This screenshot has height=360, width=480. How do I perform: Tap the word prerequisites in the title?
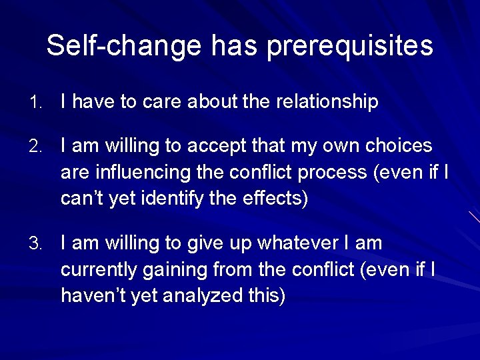(x=350, y=47)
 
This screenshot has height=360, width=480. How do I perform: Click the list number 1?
(x=35, y=103)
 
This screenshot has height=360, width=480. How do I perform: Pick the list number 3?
(x=35, y=244)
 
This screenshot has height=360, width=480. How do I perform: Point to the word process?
(x=333, y=173)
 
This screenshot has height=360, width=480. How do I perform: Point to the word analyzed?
(x=197, y=296)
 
